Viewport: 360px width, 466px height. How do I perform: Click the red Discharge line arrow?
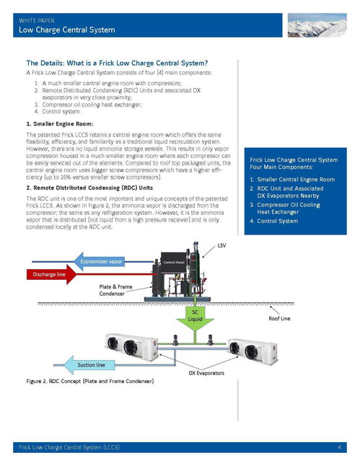pos(51,274)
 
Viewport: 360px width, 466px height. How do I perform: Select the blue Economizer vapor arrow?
pos(99,262)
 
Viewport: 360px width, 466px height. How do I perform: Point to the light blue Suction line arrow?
pos(89,365)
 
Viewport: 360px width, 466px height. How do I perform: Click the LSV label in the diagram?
pos(221,245)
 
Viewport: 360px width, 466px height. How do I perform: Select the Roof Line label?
pos(279,318)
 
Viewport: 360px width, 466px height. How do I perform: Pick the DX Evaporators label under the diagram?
pos(206,373)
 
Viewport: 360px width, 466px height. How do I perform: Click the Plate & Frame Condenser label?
pos(115,290)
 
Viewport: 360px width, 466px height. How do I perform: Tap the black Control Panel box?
pos(174,263)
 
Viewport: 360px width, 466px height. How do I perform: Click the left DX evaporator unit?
pos(131,346)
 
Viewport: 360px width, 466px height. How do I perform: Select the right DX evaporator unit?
pos(253,351)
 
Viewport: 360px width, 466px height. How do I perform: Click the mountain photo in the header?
pos(317,25)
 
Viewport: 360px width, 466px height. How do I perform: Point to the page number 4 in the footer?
pos(339,447)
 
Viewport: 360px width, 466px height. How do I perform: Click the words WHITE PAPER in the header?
pos(37,20)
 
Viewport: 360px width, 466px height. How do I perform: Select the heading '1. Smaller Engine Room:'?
pos(59,124)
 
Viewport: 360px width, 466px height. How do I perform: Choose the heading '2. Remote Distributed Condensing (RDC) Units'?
pos(89,188)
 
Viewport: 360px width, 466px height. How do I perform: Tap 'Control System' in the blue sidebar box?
pos(277,221)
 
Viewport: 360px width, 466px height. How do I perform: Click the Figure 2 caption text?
pos(90,381)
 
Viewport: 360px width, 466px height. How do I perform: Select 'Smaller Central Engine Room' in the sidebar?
pos(296,179)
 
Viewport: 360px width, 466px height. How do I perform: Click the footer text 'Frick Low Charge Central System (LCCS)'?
pos(69,447)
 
